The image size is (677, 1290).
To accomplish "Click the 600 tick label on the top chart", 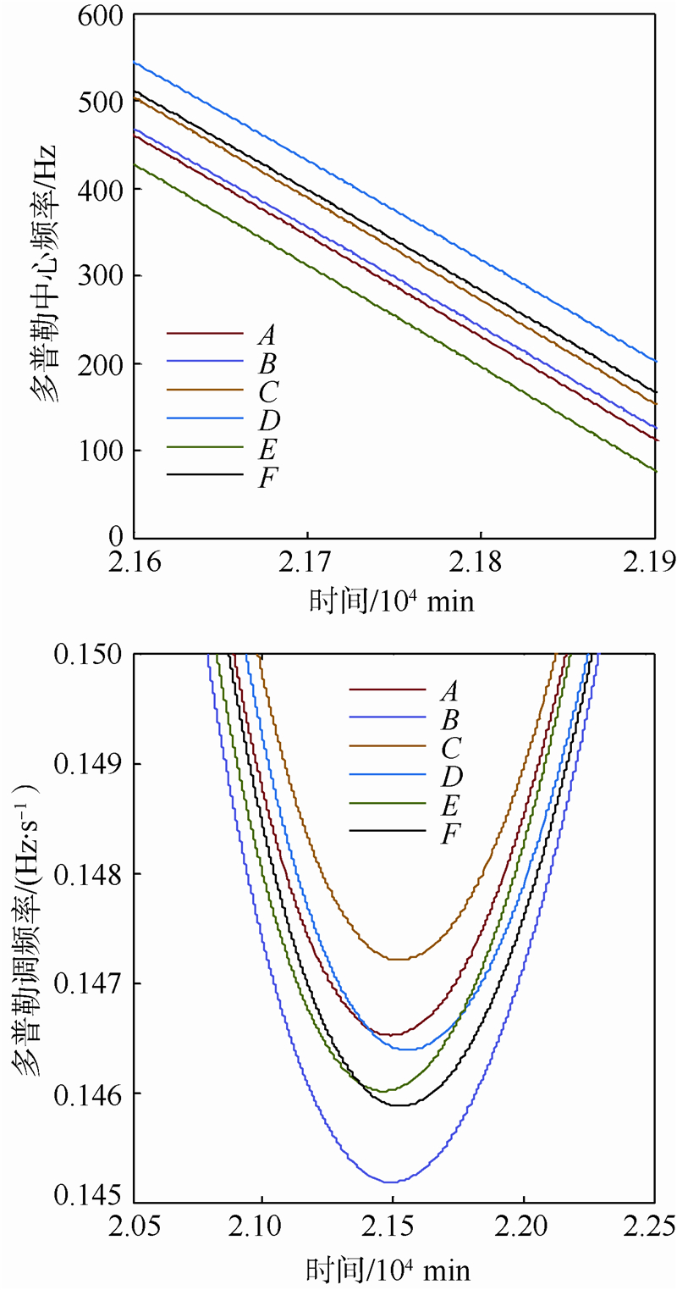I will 100,16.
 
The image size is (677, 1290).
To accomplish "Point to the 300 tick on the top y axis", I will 100,276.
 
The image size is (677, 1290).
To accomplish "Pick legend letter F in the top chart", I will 265,478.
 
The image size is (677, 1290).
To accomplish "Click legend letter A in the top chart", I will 266,335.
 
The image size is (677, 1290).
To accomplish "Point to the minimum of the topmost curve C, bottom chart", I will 398,959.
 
